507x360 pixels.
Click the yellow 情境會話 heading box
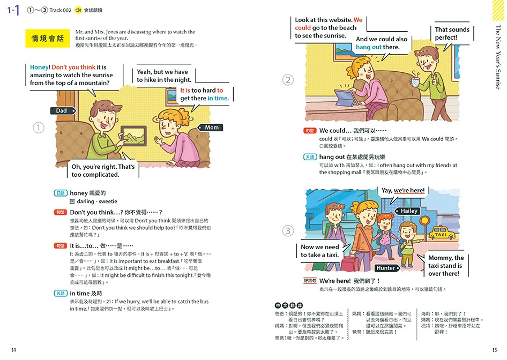coord(48,39)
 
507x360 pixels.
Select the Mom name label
coord(212,127)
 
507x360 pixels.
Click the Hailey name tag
coord(410,211)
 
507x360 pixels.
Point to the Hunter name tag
coord(385,268)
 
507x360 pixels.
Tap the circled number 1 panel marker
coord(39,127)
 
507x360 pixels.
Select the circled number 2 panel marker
coord(288,80)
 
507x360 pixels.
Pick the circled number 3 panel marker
coord(288,231)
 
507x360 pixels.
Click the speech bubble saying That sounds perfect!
coord(452,34)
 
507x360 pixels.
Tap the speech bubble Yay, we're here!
coord(402,191)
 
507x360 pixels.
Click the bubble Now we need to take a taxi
coord(319,251)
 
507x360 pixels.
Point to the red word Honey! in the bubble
coord(39,67)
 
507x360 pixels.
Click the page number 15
coord(494,350)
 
